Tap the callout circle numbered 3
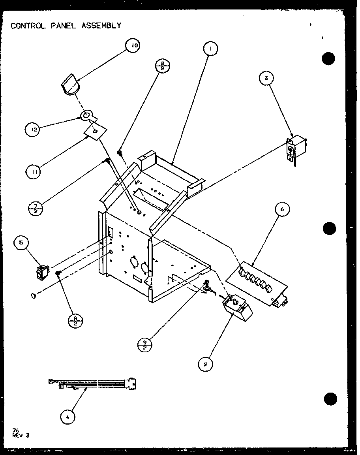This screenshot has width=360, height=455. (x=266, y=78)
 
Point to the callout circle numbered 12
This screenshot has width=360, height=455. (x=33, y=129)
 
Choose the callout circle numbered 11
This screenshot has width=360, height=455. (x=33, y=171)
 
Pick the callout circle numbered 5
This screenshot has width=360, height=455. (x=21, y=243)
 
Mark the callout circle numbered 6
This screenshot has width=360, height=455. (x=283, y=209)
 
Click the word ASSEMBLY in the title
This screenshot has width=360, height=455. (x=101, y=26)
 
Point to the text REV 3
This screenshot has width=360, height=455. (x=21, y=436)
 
